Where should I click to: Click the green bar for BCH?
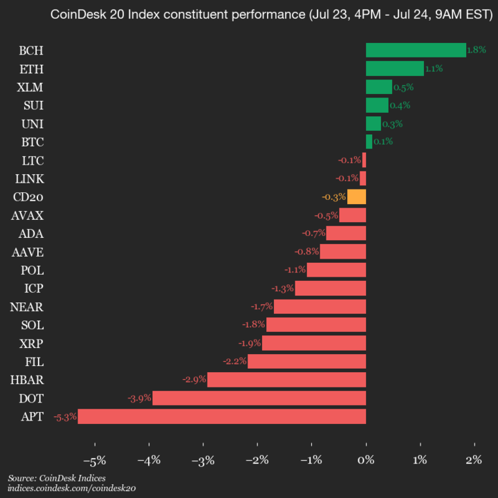(x=416, y=50)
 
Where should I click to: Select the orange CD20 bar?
(x=357, y=197)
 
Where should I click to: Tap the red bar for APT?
(x=222, y=416)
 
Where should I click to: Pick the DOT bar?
(x=259, y=398)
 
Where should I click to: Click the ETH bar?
(x=395, y=68)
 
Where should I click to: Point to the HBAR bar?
(x=286, y=380)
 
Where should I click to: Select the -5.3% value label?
(x=64, y=416)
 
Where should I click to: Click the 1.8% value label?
(x=477, y=50)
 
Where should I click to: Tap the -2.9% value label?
(x=194, y=380)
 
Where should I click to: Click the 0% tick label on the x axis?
(x=366, y=461)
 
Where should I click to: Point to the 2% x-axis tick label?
(x=474, y=461)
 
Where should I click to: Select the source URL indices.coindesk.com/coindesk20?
(x=71, y=488)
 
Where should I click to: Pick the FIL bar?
(x=306, y=361)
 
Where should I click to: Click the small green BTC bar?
(x=369, y=142)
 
